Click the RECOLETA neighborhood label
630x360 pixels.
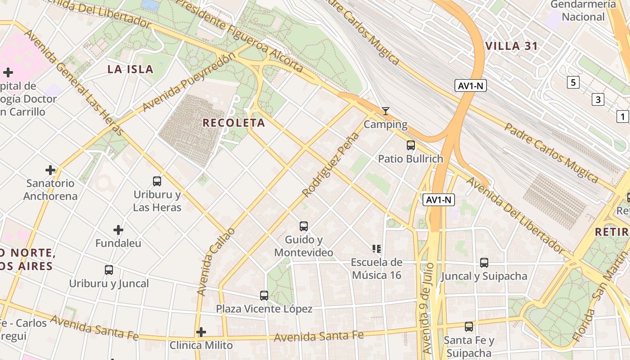coord(234,123)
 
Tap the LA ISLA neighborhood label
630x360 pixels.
coord(130,69)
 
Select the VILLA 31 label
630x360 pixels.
coord(512,46)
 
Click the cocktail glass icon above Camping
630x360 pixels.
coord(385,111)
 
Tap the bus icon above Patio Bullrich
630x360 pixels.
coord(410,145)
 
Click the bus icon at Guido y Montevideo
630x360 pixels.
coord(304,226)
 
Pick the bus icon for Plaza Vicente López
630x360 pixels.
coord(264,296)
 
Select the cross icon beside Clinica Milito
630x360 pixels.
coord(201,333)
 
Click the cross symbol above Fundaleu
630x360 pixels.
coord(118,230)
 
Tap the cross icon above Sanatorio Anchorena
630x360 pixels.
coord(50,170)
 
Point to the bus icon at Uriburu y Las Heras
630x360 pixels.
coord(157,181)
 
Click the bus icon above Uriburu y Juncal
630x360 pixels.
coord(109,270)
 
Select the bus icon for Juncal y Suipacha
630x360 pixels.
coord(484,263)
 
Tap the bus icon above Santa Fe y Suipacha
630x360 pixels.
coord(468,327)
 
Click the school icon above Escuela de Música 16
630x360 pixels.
coord(377,248)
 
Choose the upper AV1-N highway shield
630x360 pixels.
coord(471,85)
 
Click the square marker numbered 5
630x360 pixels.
coord(573,82)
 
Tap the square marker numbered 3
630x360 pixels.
coord(598,99)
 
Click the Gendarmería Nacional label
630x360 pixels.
coord(583,11)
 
